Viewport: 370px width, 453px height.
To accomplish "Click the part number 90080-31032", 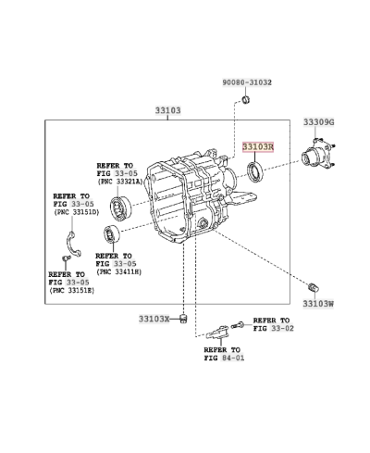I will pyautogui.click(x=247, y=83).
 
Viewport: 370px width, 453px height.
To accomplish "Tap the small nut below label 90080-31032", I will pyautogui.click(x=246, y=99).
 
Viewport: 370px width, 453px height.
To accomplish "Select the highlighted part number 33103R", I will pyautogui.click(x=259, y=146).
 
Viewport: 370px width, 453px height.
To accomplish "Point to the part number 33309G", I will pyautogui.click(x=319, y=122).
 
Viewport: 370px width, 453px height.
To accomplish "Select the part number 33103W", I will pyautogui.click(x=318, y=303).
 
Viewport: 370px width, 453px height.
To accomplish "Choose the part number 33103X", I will pyautogui.click(x=154, y=318).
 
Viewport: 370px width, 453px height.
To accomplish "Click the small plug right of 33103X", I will pyautogui.click(x=184, y=320).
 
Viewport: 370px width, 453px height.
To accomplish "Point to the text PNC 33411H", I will pyautogui.click(x=117, y=272).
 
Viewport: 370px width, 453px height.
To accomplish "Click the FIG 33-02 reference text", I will pyautogui.click(x=273, y=328).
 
